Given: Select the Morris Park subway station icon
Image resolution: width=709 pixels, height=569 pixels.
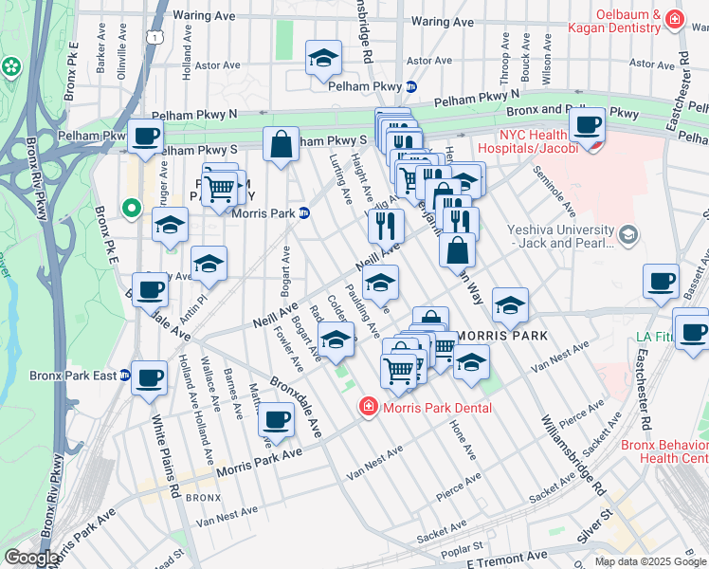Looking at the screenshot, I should tap(304, 212).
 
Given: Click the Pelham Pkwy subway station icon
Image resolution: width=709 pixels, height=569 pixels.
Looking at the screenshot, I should tap(411, 86).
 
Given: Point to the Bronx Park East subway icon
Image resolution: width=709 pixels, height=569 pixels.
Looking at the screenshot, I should tap(124, 376).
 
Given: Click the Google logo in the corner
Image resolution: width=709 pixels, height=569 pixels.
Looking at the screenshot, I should tap(31, 558).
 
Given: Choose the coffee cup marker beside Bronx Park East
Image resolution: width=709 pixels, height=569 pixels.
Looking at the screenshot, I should tap(149, 376).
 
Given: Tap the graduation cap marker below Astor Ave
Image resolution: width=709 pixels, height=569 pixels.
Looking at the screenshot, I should tap(323, 58).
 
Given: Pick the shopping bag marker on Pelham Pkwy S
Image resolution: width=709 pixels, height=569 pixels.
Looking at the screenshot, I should tap(282, 145).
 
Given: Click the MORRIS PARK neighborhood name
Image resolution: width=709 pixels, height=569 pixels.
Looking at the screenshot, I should tap(491, 337).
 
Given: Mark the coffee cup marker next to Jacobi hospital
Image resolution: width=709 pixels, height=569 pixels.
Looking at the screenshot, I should tap(587, 124).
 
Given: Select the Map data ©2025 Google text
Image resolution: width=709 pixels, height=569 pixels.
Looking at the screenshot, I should tap(649, 561).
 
